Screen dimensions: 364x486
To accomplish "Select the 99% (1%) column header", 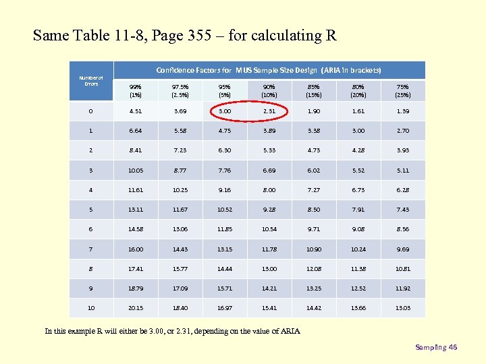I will point(136,90).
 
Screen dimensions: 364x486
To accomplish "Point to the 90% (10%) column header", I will point(269,90).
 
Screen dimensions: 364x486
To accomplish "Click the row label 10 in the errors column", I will point(91,308).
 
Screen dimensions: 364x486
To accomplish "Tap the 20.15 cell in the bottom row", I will point(136,308).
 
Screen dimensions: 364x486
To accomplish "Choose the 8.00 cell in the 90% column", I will point(269,190).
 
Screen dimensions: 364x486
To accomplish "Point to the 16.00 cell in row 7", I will point(136,249).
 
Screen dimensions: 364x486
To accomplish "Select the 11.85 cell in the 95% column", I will point(225,229).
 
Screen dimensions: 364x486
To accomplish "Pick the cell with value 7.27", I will point(313,190).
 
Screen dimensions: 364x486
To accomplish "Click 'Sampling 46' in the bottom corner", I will point(436,347).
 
